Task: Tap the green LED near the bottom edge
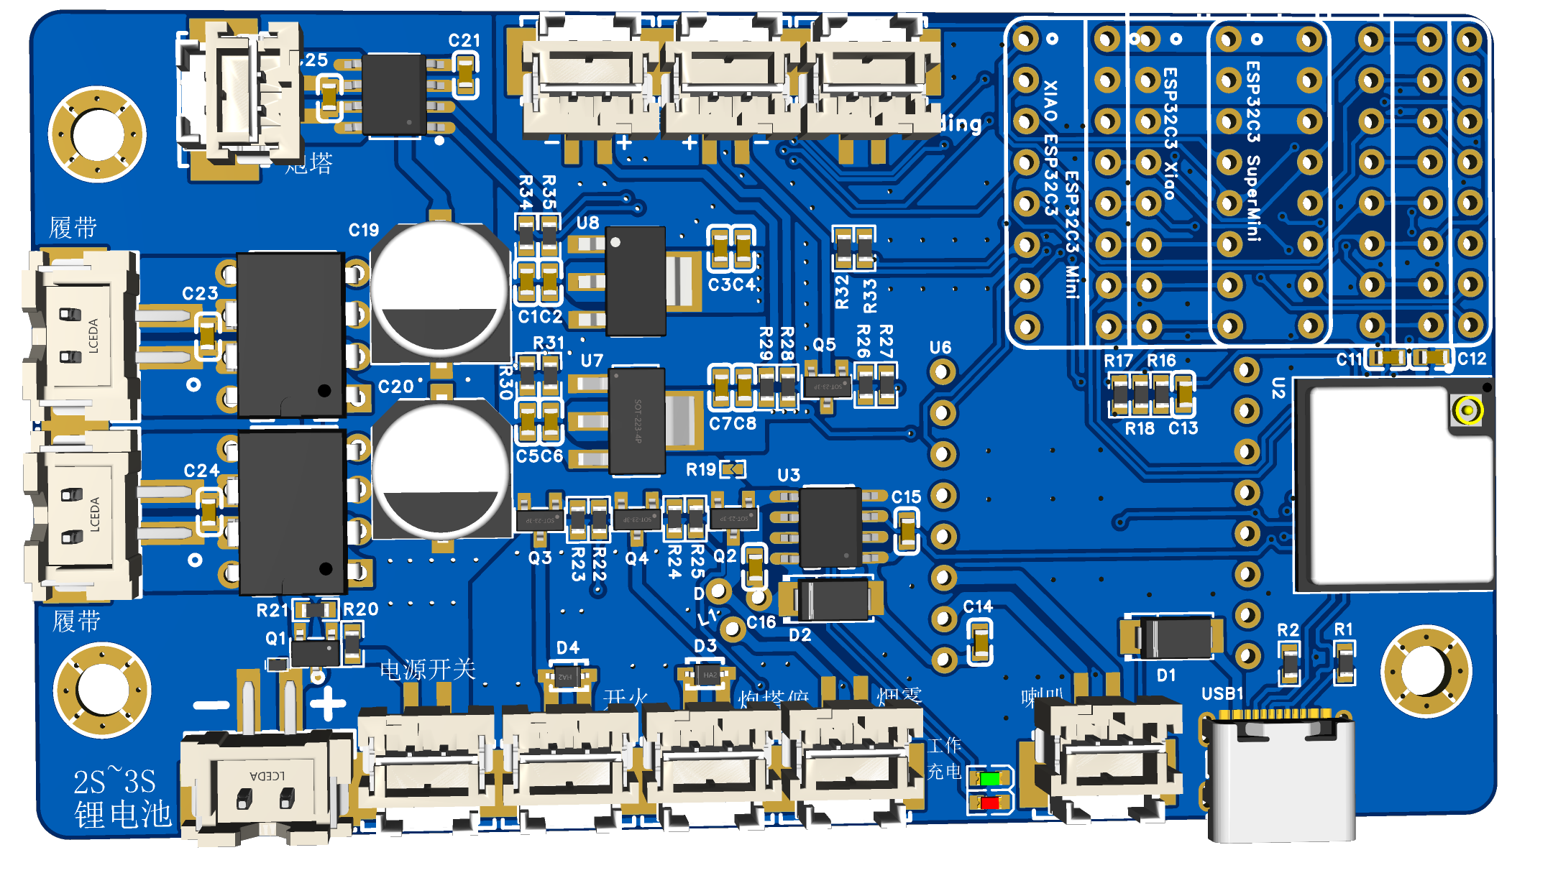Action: click(x=990, y=778)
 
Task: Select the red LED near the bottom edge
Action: click(x=990, y=803)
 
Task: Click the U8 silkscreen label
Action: click(x=587, y=223)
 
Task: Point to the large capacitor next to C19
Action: click(x=440, y=291)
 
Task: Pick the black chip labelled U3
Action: click(x=830, y=527)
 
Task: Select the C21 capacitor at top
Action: click(x=465, y=75)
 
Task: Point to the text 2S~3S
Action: click(x=114, y=781)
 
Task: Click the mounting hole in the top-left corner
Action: click(x=97, y=134)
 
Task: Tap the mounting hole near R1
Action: click(x=1426, y=672)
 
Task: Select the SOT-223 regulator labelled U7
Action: click(x=636, y=421)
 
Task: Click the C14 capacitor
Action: click(x=980, y=641)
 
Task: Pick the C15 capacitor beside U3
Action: click(x=907, y=531)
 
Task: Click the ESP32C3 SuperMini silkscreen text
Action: click(x=1253, y=151)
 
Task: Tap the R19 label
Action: click(x=700, y=470)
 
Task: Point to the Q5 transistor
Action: click(x=827, y=387)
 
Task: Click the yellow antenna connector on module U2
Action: click(x=1467, y=411)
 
